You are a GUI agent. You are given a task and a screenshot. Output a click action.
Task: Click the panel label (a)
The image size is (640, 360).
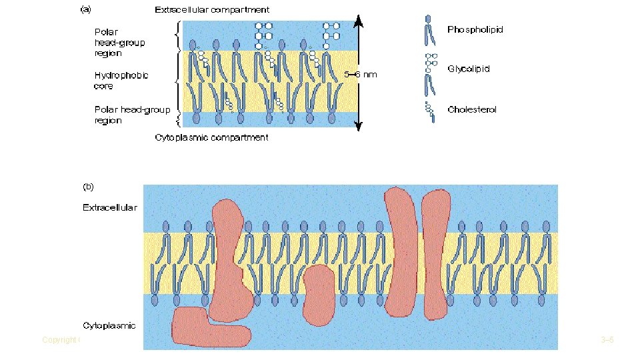point(87,11)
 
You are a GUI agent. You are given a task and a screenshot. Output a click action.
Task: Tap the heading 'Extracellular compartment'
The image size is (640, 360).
point(212,10)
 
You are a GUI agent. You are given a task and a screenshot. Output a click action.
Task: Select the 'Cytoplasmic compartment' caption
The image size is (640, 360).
point(211,137)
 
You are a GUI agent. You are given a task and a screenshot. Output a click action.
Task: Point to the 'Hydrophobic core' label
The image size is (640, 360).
point(121,80)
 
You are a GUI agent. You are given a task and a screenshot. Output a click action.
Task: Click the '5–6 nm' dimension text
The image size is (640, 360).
point(360,75)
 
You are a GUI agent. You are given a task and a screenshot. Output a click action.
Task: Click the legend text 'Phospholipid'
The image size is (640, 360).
point(475,30)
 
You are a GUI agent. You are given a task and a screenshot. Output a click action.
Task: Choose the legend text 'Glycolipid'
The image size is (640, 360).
point(469,68)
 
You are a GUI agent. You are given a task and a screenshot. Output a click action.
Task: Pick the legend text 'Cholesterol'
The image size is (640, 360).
point(472,109)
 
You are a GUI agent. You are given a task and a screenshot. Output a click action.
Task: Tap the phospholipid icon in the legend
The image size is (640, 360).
point(427,31)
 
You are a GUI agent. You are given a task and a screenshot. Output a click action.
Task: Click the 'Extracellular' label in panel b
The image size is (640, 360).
point(110,207)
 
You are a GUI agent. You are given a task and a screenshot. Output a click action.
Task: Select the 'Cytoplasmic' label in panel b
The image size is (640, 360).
point(109,325)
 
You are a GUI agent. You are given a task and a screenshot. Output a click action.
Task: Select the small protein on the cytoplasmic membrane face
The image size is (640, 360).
point(318,293)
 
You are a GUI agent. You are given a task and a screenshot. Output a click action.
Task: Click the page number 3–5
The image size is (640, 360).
point(607,340)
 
